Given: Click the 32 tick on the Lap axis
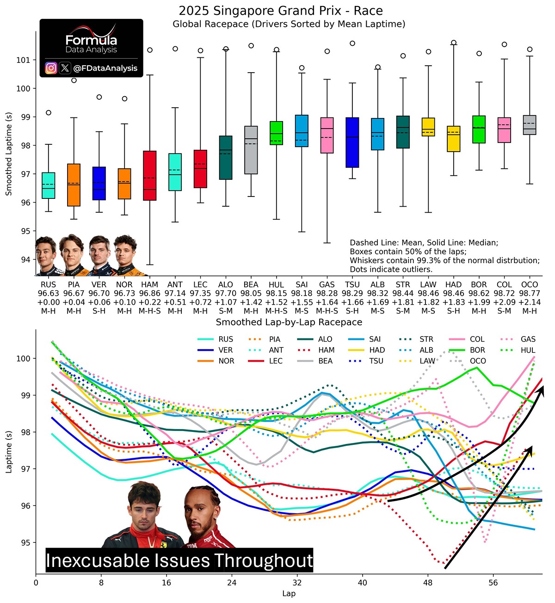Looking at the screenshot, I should pos(297,582).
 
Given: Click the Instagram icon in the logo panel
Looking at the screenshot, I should pos(51,68).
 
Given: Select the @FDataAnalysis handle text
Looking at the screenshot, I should pos(105,68).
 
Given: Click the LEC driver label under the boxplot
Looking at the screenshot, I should pos(200,285).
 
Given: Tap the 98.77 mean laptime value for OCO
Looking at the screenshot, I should pos(530,294).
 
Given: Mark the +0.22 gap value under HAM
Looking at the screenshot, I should pos(149,302).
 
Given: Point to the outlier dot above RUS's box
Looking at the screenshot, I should pos(49,112).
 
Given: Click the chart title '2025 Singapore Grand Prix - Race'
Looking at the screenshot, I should pos(281,11).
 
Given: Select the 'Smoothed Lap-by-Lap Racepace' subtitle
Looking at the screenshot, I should pos(289,322).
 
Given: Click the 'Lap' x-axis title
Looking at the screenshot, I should pos(289,593).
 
